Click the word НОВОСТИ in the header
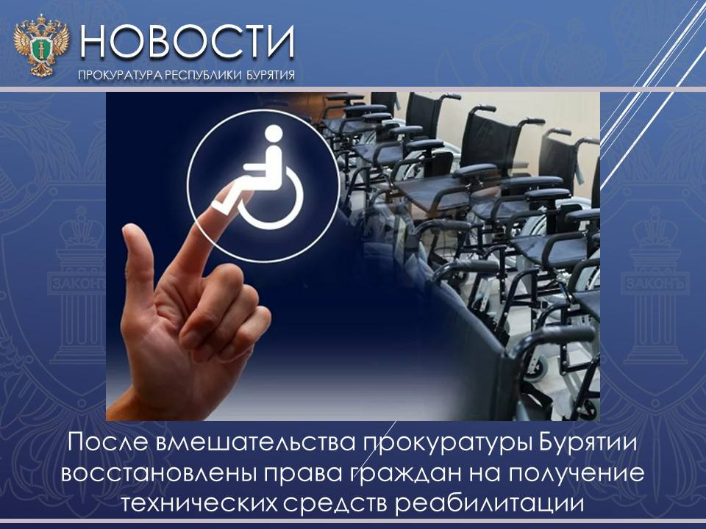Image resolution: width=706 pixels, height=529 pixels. pos(188,42)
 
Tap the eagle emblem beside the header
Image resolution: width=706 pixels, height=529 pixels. pos(41,45)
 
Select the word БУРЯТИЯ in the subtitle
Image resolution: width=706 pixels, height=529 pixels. pos(271,75)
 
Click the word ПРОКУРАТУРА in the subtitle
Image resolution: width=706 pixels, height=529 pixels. pos(120,75)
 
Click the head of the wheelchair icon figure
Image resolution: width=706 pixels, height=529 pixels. pos(274,134)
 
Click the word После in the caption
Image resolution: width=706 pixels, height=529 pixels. pos(109,442)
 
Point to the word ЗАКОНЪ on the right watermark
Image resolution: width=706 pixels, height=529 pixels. pos(655,284)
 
